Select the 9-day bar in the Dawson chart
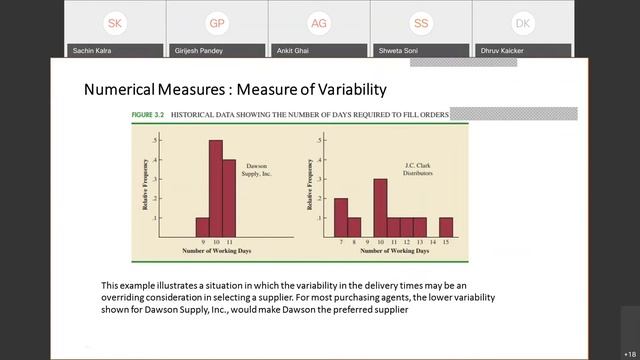(202, 227)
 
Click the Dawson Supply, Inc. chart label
(258, 170)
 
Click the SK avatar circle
(116, 23)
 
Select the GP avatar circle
(217, 23)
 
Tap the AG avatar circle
(319, 23)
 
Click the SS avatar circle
(421, 23)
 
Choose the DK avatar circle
(522, 23)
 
